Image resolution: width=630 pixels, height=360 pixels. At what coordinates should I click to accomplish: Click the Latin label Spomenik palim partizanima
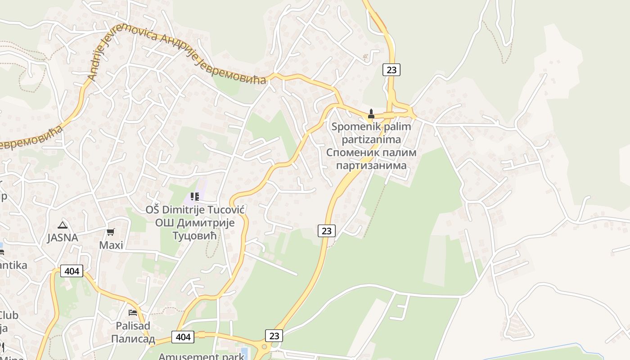pyautogui.click(x=371, y=133)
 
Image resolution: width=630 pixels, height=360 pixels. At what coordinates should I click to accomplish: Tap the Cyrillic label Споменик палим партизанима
pyautogui.click(x=371, y=159)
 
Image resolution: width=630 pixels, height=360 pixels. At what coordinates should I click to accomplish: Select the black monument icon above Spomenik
pyautogui.click(x=371, y=114)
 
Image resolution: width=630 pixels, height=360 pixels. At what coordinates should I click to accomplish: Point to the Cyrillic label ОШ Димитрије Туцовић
pyautogui.click(x=195, y=229)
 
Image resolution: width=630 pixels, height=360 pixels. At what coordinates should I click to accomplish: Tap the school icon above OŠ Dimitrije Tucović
pyautogui.click(x=195, y=197)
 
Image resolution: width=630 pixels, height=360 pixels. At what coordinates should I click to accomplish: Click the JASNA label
pyautogui.click(x=63, y=238)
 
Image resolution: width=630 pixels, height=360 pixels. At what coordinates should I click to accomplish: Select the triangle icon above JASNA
pyautogui.click(x=63, y=225)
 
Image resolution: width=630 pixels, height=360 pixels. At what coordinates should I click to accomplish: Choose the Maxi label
pyautogui.click(x=111, y=245)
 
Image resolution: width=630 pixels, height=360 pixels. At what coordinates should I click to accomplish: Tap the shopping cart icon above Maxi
pyautogui.click(x=111, y=232)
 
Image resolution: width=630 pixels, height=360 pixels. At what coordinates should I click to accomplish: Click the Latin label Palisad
pyautogui.click(x=133, y=325)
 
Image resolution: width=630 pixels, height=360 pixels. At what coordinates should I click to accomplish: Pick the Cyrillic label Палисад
pyautogui.click(x=133, y=339)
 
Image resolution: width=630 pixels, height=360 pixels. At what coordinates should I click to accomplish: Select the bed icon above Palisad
pyautogui.click(x=133, y=312)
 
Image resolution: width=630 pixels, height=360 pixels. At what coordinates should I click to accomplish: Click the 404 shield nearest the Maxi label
pyautogui.click(x=72, y=271)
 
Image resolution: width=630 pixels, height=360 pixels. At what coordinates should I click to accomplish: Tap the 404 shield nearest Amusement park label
pyautogui.click(x=183, y=337)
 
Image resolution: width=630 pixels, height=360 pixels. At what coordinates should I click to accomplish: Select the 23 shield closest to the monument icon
pyautogui.click(x=391, y=69)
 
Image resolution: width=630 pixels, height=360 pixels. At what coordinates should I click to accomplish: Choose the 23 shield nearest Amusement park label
pyautogui.click(x=274, y=336)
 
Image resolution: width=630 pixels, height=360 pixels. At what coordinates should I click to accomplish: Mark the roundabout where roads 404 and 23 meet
pyautogui.click(x=264, y=347)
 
